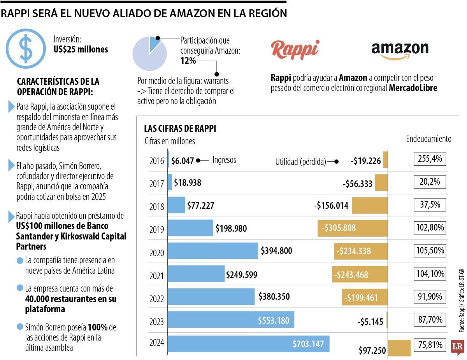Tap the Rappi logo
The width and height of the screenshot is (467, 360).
[295, 49]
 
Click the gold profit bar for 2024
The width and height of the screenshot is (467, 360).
[399, 348]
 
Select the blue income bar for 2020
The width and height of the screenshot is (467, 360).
[213, 250]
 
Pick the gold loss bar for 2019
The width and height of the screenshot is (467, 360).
[353, 228]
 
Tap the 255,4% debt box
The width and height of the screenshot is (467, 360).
[430, 159]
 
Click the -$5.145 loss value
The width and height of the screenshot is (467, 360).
[370, 322]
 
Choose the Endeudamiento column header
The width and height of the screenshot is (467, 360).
[428, 139]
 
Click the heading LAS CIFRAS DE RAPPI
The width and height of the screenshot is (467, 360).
[180, 128]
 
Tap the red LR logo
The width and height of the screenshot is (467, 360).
[458, 348]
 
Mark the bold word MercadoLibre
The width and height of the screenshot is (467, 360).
[413, 88]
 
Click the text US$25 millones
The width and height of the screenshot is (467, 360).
[81, 49]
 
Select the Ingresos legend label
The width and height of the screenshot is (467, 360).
[224, 160]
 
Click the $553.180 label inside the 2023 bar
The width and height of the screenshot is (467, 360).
[274, 320]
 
